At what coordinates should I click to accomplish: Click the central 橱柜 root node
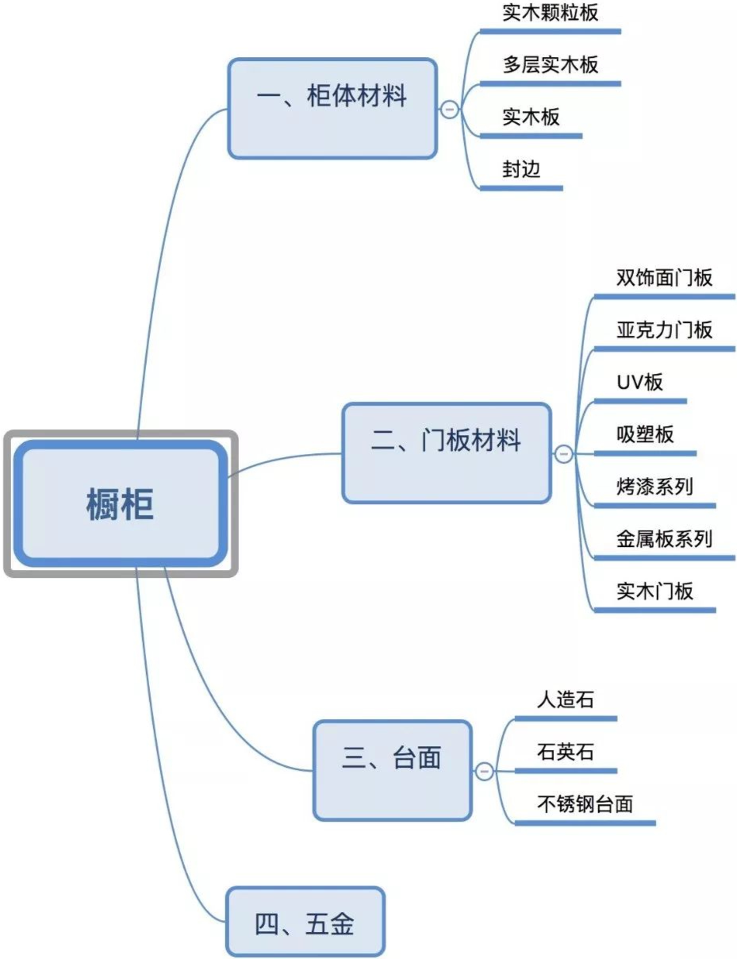tap(120, 504)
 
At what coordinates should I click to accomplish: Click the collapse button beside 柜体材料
tap(450, 110)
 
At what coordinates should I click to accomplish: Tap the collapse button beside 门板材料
tap(563, 454)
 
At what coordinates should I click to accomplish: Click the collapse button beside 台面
tap(484, 771)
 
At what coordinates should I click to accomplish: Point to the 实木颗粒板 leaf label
tap(550, 13)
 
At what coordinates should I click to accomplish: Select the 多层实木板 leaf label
tap(550, 65)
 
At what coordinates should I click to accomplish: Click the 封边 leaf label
tap(521, 169)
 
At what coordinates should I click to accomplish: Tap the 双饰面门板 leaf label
tap(664, 277)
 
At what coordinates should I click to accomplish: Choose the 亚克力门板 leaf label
tap(664, 329)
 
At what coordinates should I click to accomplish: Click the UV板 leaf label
tap(639, 382)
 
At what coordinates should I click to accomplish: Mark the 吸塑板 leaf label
tap(644, 434)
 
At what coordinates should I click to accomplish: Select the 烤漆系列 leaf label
tap(654, 486)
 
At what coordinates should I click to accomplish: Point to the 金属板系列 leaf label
tap(664, 539)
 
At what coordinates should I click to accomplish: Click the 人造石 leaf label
tap(565, 699)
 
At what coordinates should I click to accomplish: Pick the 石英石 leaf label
tap(565, 752)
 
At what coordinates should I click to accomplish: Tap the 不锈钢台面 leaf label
tap(585, 804)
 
